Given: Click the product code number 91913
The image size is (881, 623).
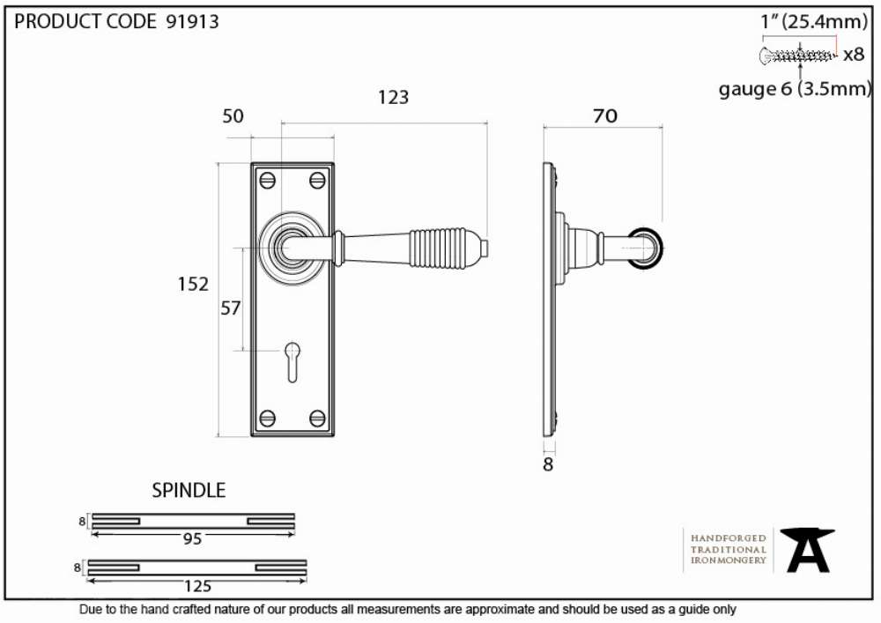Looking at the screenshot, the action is point(192,21).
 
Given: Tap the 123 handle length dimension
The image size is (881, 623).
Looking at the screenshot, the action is point(393,97).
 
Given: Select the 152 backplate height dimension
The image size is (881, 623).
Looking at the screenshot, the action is point(193,284).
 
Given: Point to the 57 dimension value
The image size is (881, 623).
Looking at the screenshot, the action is point(230,308).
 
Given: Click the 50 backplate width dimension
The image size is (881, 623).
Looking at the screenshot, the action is point(233,116).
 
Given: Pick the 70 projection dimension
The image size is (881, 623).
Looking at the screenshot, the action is point(604,115).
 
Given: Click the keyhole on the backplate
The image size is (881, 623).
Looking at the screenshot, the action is point(292,361).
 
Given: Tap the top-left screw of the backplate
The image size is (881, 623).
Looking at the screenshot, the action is point(267,181).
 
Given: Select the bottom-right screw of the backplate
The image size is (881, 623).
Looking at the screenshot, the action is point(317,418).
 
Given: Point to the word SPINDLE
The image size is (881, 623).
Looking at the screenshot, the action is point(189,491).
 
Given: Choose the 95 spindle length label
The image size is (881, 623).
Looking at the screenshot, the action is point(192,539).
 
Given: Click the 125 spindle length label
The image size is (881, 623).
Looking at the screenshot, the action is point(197,587).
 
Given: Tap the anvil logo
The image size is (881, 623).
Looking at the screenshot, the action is point(807,550).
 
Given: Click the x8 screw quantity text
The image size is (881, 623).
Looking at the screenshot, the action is point(854,54).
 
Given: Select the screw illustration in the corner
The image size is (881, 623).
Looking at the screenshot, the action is point(797,56).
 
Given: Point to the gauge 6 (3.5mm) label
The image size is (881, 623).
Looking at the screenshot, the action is point(795,89).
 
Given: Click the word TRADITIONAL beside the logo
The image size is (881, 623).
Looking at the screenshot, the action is point(729,549).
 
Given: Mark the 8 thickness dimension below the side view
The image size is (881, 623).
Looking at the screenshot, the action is point(548,464).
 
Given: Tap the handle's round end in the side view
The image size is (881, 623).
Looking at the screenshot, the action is point(646,248).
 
